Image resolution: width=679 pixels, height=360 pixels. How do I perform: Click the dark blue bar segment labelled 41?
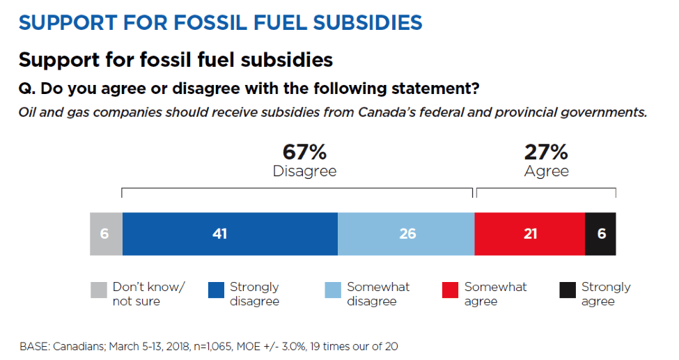click(x=230, y=234)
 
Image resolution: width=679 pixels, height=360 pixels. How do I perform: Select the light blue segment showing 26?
click(x=406, y=234)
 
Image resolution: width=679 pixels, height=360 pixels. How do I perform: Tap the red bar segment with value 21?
click(x=529, y=234)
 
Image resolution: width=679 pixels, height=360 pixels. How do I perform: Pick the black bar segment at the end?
click(x=600, y=234)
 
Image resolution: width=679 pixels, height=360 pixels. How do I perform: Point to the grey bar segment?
click(x=106, y=234)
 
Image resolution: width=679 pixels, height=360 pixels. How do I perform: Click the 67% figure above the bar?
click(x=304, y=152)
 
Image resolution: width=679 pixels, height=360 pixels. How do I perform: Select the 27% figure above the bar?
click(x=546, y=152)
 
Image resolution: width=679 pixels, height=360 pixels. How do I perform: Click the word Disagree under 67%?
click(x=304, y=171)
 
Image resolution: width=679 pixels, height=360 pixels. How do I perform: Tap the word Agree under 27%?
click(x=547, y=171)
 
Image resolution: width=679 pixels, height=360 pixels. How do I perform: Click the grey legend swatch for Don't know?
click(x=99, y=290)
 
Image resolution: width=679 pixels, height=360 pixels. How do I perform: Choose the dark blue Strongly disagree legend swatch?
click(x=216, y=290)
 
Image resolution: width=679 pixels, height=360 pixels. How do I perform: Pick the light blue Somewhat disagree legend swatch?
click(x=333, y=290)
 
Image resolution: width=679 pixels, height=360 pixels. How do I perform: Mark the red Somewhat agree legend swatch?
click(x=450, y=290)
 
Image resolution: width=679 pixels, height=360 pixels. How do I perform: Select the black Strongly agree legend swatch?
click(x=568, y=290)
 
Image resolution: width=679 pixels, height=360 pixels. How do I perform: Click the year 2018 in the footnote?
click(x=178, y=347)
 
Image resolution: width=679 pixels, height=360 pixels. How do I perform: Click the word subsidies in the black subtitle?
click(x=287, y=60)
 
